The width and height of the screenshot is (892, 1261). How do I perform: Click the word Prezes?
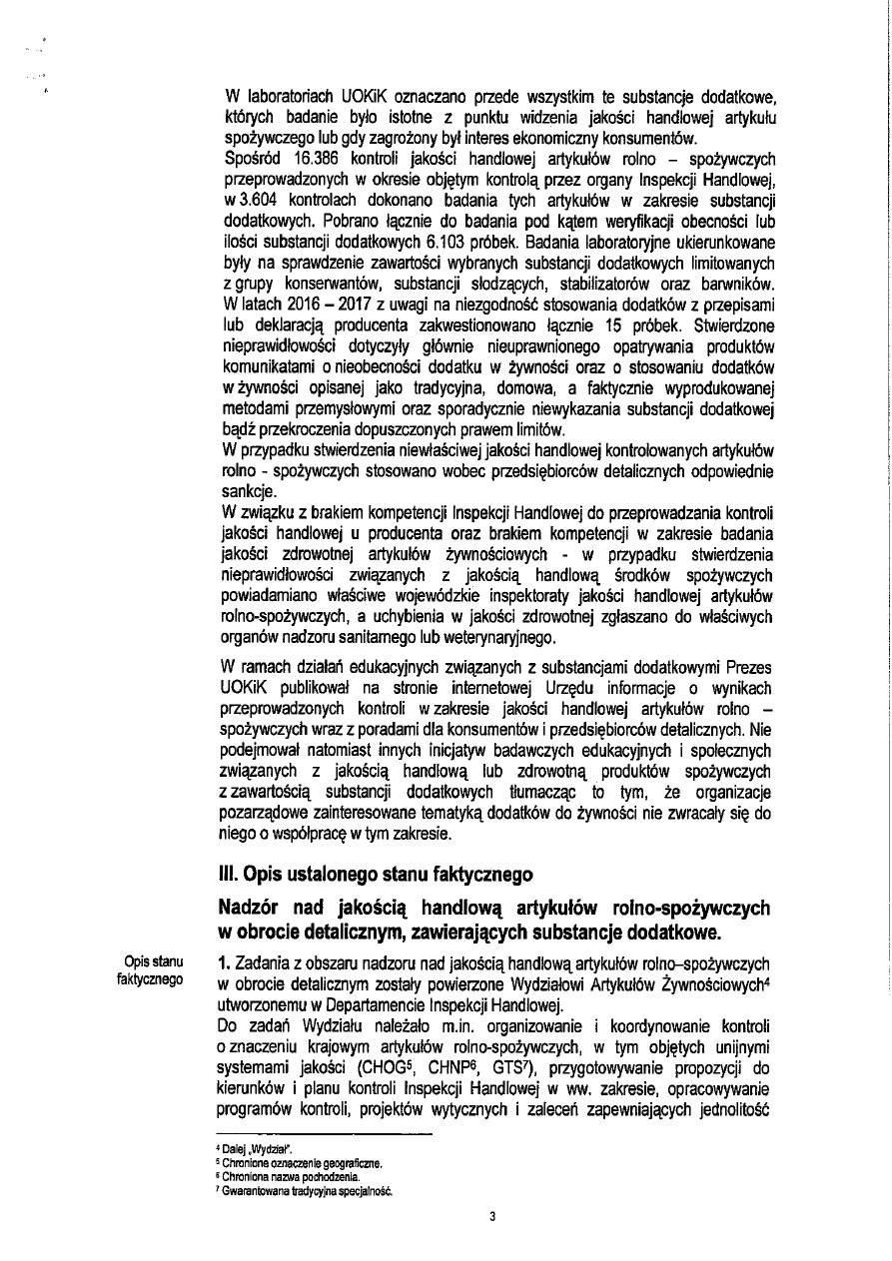pyautogui.click(x=748, y=670)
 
